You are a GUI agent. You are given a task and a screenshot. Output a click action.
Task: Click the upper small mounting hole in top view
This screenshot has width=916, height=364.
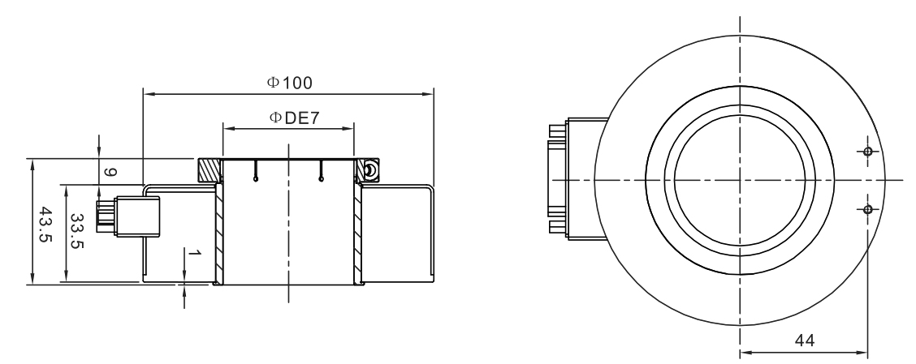tap(868, 152)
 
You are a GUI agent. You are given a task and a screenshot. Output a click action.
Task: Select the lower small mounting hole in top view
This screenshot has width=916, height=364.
tap(868, 209)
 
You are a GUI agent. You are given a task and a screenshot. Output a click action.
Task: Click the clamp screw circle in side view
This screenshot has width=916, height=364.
tap(370, 169)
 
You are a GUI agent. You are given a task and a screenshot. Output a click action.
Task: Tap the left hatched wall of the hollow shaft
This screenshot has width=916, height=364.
tap(218, 235)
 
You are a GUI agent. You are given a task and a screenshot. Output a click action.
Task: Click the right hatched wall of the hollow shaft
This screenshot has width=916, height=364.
tap(357, 235)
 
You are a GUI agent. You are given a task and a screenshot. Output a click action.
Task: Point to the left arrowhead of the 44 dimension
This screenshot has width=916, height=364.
tap(744, 353)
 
